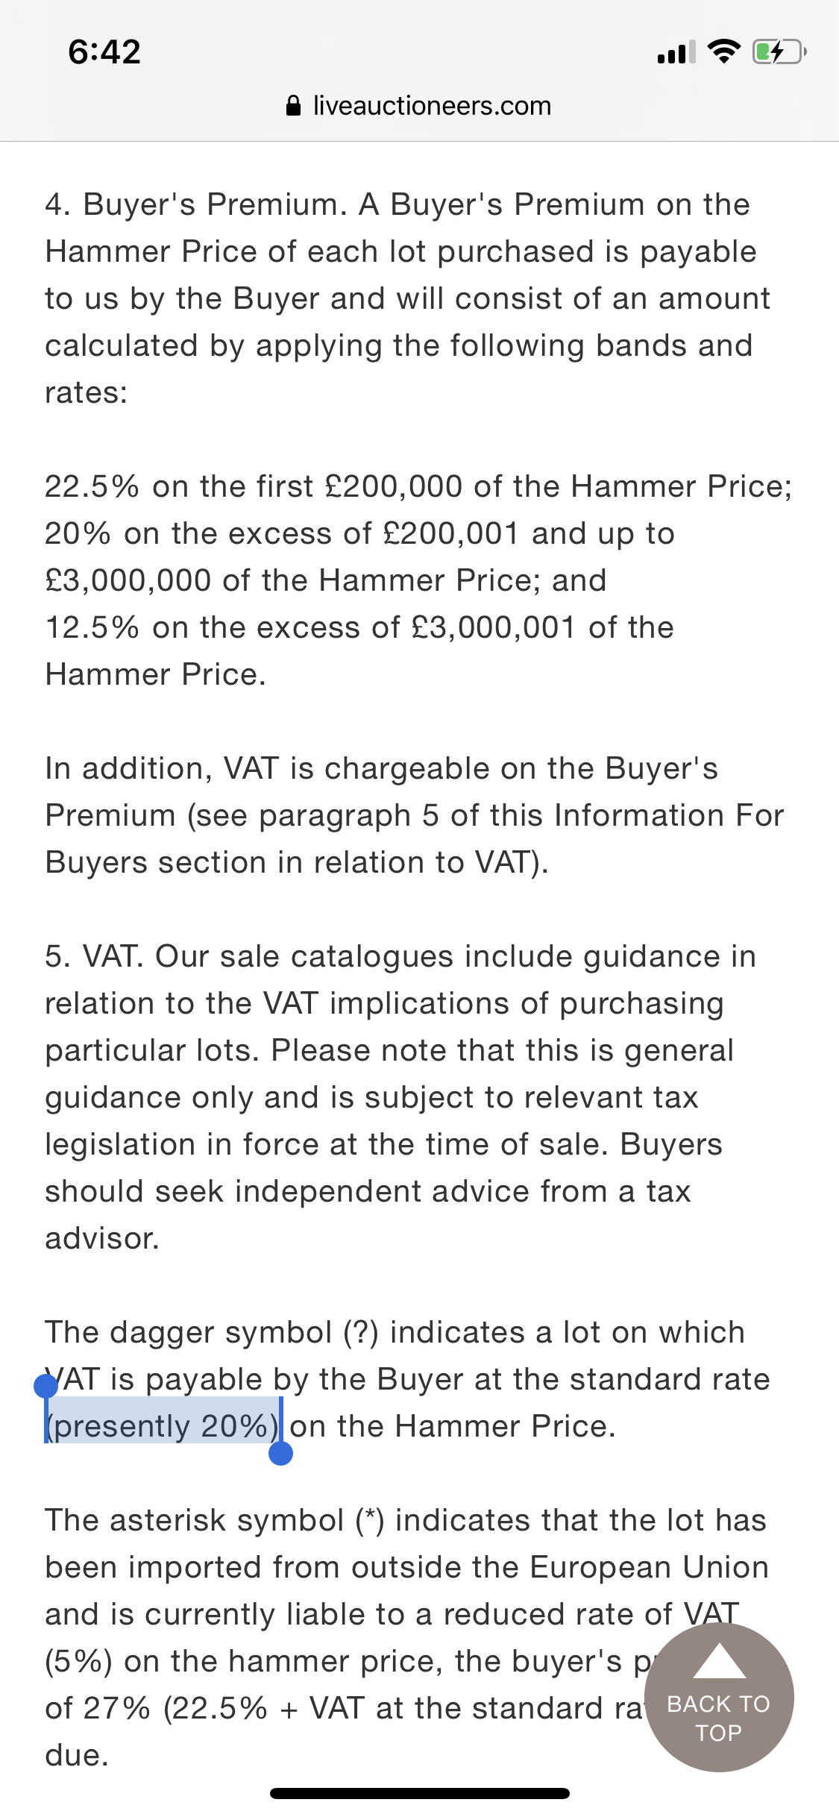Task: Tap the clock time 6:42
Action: (x=104, y=52)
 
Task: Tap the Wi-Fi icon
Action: (x=723, y=51)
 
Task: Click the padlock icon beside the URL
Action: (x=294, y=106)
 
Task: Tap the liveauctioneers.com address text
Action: (x=432, y=106)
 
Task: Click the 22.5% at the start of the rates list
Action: (x=92, y=486)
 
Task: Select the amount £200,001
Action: (x=450, y=533)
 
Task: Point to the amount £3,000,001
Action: (x=493, y=627)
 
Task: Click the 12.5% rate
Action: (x=92, y=627)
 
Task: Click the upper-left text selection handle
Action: (x=46, y=1386)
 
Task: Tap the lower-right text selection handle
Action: (x=280, y=1453)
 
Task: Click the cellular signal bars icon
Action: (x=676, y=52)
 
